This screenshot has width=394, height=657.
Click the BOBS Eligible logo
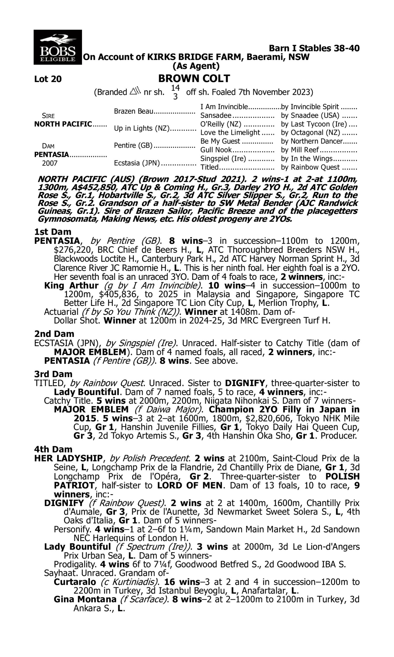tap(58, 47)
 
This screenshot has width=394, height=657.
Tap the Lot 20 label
tap(48, 79)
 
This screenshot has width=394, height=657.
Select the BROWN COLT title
tap(194, 79)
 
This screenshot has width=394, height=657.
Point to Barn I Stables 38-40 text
tap(314, 48)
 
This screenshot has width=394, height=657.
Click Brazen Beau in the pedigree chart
tap(133, 111)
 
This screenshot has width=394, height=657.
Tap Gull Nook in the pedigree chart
tap(216, 150)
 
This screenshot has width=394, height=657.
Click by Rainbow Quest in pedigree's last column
tap(310, 167)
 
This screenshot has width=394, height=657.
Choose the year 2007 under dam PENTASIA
tap(50, 163)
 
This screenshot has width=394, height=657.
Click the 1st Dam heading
tap(53, 232)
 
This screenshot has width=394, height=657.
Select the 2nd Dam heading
tap(54, 334)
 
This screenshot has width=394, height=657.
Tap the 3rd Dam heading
tap(53, 374)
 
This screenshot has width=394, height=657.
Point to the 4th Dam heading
tap(53, 449)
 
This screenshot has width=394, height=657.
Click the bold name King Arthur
tap(71, 286)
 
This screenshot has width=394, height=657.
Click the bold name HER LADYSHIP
tap(68, 458)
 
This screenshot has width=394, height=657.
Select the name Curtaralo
tap(75, 582)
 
